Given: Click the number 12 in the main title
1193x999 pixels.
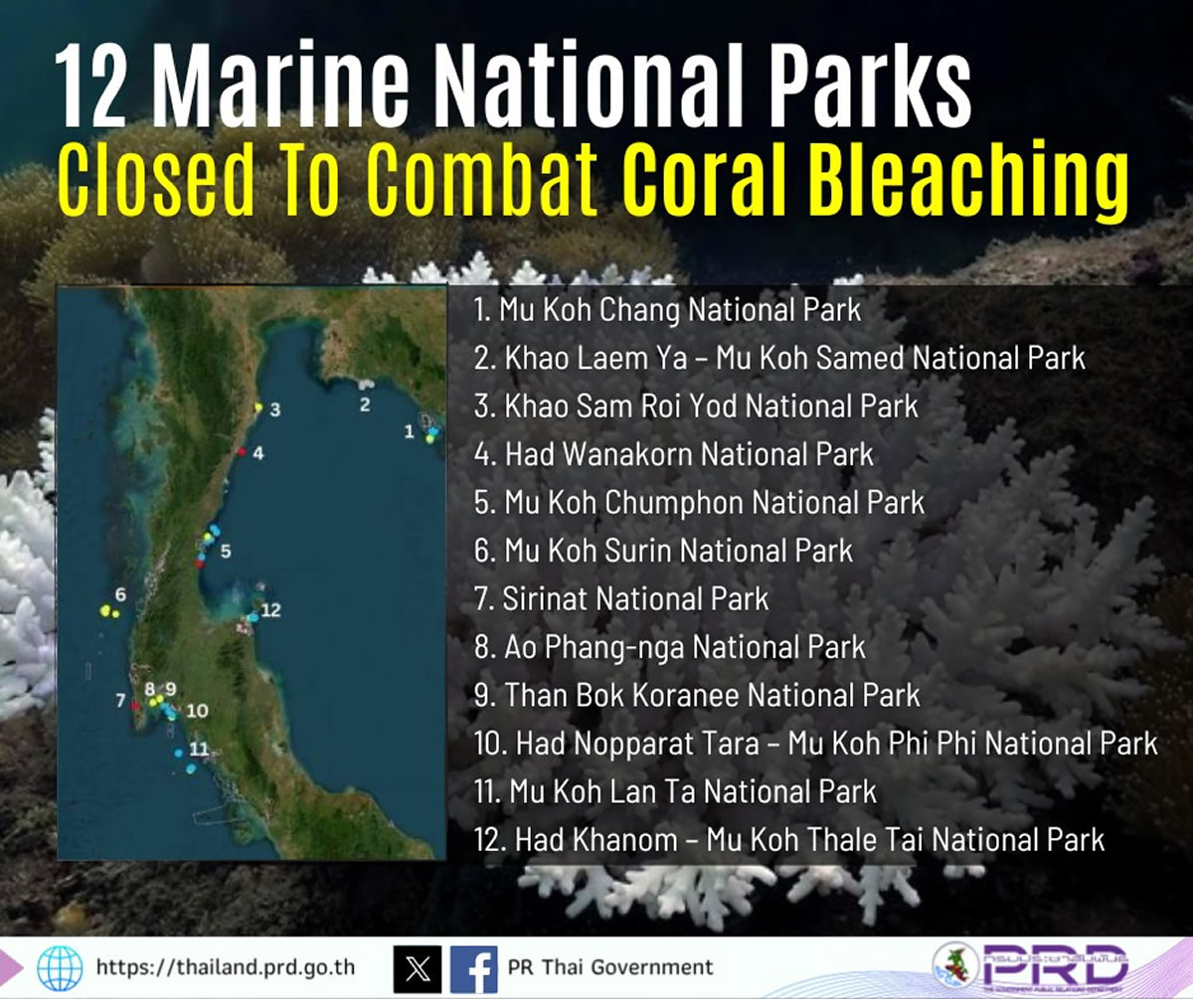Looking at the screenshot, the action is pyautogui.click(x=90, y=86).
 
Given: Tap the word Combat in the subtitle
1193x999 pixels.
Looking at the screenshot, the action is pyautogui.click(x=483, y=179).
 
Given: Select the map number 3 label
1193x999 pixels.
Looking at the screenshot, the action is pyautogui.click(x=275, y=410).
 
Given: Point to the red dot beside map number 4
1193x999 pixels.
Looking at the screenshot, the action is pyautogui.click(x=242, y=451).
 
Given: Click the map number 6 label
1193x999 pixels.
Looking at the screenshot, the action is pyautogui.click(x=120, y=594).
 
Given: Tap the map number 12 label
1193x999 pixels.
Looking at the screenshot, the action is pyautogui.click(x=270, y=610).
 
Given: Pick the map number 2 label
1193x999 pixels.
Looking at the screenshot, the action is pyautogui.click(x=365, y=405).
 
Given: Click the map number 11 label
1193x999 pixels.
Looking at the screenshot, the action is pyautogui.click(x=199, y=749).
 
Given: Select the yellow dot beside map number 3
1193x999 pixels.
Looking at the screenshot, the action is pyautogui.click(x=258, y=408).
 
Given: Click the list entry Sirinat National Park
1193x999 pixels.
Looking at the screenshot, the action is pyautogui.click(x=621, y=599).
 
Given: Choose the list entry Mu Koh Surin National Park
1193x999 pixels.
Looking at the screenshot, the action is pyautogui.click(x=663, y=552).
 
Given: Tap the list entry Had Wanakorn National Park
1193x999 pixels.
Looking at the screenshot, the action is pyautogui.click(x=674, y=454).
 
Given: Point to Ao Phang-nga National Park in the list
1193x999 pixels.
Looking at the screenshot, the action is pyautogui.click(x=670, y=648).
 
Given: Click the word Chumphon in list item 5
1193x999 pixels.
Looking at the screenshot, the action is pyautogui.click(x=676, y=503).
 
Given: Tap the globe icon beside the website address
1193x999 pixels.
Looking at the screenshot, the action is pyautogui.click(x=60, y=968).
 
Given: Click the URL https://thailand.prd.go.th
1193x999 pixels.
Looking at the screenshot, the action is pyautogui.click(x=226, y=967).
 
